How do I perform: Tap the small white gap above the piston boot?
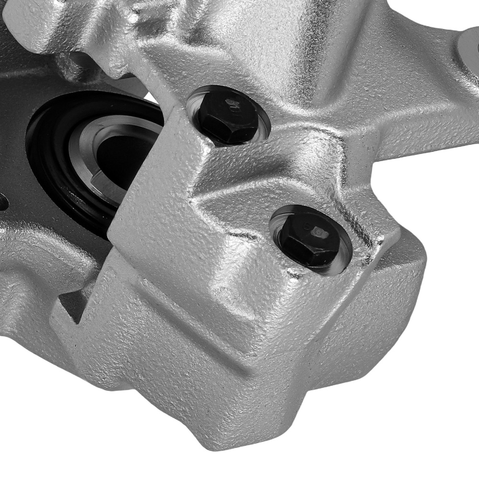(152, 99)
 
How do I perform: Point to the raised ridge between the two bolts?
(268, 177)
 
